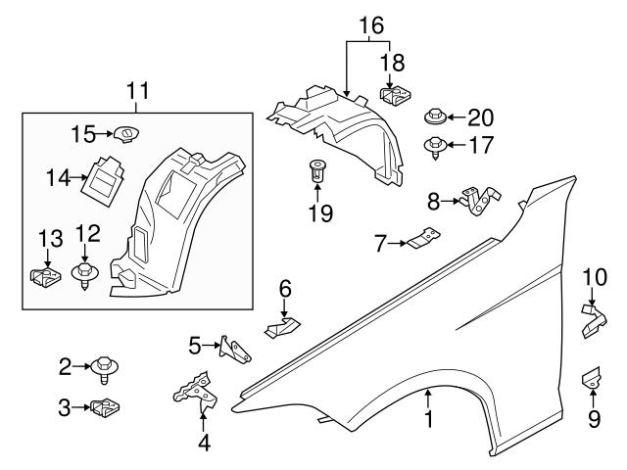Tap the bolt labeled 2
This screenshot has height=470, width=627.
click(102, 369)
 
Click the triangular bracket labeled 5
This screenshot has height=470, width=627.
click(232, 348)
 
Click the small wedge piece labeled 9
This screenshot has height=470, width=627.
click(593, 376)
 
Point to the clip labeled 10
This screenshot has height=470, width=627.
click(593, 320)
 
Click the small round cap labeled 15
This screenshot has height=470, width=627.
click(123, 134)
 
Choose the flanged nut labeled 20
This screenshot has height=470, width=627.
click(436, 118)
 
